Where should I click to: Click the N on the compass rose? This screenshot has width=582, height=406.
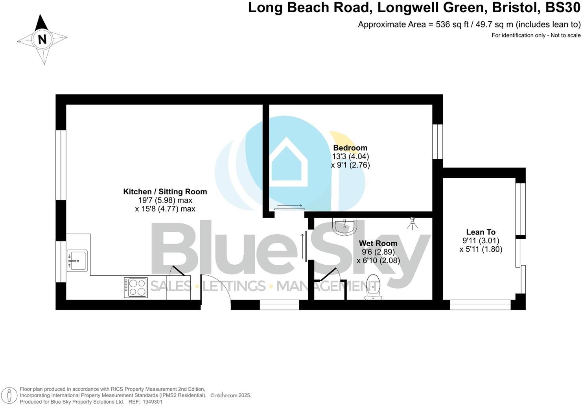tap(42, 39)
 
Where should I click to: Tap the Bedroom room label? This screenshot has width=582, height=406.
tap(350, 148)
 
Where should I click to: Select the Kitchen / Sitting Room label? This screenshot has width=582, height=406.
tap(165, 192)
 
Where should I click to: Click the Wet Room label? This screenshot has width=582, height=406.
tap(378, 244)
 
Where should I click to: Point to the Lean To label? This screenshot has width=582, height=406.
tap(481, 232)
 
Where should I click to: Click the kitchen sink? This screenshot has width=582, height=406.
tap(77, 260)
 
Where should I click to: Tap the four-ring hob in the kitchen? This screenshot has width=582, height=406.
tap(136, 287)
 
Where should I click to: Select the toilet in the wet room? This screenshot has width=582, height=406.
tap(373, 286)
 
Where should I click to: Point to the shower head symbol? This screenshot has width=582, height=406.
tap(412, 223)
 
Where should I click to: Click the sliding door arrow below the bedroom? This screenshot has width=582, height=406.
tap(289, 206)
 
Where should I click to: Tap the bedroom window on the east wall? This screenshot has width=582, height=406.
tap(438, 142)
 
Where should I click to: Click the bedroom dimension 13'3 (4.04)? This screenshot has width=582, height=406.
tap(350, 157)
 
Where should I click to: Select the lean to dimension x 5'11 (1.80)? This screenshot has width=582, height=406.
tap(481, 249)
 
